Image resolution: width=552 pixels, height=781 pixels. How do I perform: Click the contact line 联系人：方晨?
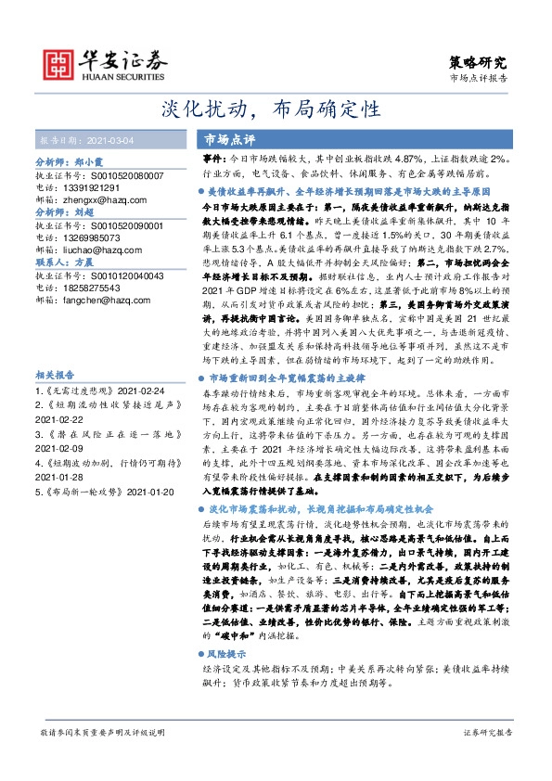(65, 262)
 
